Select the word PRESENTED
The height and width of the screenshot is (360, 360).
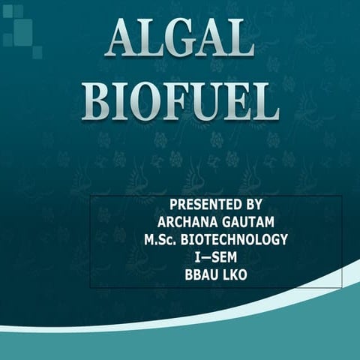pos(199,204)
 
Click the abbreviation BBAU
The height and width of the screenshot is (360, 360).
pos(201,276)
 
